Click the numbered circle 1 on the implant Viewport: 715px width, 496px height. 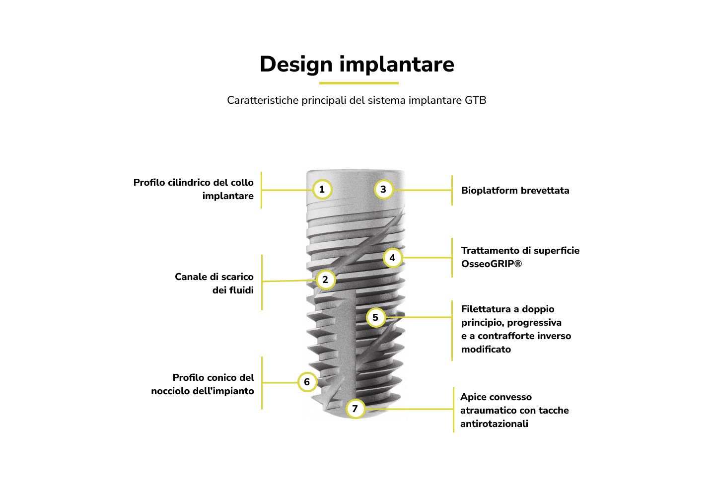pos(322,190)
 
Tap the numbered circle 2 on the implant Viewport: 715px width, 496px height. pos(326,280)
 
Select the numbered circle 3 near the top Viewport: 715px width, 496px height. pos(384,190)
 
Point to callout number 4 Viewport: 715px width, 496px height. pos(393,258)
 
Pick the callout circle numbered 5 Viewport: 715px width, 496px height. pos(376,317)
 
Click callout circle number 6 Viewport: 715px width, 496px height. pos(307,382)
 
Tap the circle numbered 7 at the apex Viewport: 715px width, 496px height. pos(356,409)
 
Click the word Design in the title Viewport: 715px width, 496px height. pos(296,65)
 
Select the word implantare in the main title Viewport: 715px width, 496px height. pos(397,65)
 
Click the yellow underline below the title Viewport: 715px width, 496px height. pos(359,83)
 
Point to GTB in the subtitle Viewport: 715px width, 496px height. pos(475,100)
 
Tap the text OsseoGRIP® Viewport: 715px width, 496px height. pos(492,264)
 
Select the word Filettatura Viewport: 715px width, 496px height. pos(487,309)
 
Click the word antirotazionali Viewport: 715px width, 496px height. pos(494,424)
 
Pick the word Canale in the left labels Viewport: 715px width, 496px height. pos(191,277)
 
